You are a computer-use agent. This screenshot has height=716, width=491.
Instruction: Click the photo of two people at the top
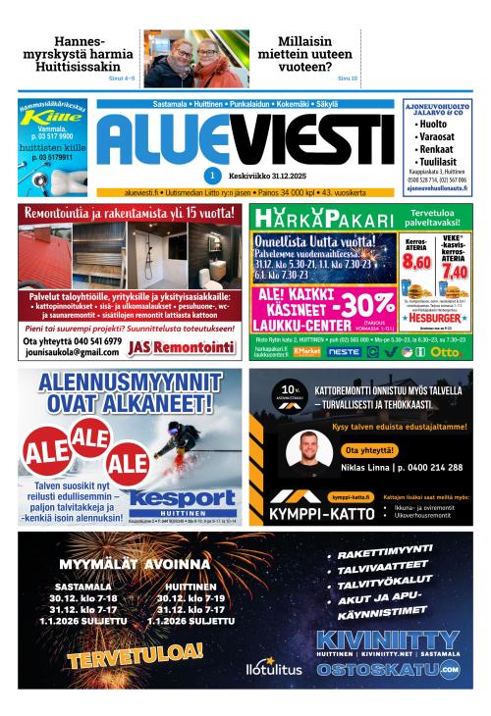pos(195,59)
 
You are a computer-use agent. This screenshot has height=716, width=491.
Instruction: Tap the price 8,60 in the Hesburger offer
pos(416,262)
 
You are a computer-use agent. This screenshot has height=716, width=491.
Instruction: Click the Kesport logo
pos(183,500)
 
